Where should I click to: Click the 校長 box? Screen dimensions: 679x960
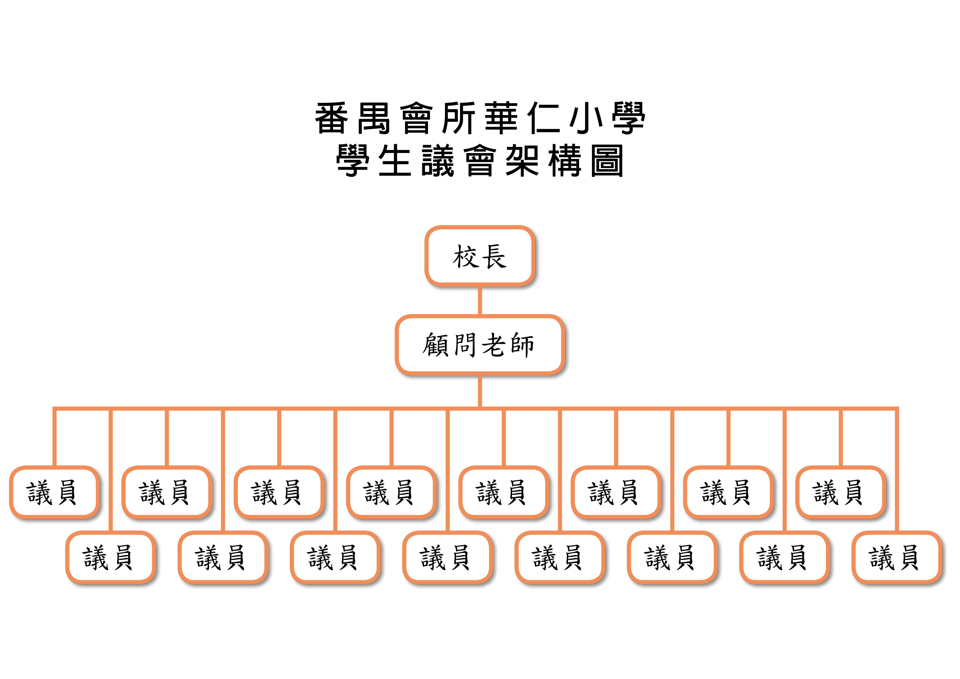pos(479,256)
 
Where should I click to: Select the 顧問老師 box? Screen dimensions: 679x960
pos(479,345)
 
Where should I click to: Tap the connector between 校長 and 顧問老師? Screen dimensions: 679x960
pos(479,300)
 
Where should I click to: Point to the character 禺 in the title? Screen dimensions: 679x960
pos(374,118)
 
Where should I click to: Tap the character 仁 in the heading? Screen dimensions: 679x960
pos(543,118)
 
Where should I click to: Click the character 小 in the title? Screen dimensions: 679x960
pos(586,118)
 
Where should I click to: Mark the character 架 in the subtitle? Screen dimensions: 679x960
pos(522,161)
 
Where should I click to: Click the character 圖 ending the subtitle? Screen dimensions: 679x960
pos(607,161)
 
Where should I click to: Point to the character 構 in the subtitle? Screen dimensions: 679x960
pos(565,161)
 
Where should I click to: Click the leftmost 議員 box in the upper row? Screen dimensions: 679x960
pos(54,492)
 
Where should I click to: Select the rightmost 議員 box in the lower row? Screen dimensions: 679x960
pos(897,557)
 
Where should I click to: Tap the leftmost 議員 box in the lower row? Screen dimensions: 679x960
pos(110,557)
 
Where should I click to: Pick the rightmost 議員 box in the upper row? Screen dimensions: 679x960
pos(840,492)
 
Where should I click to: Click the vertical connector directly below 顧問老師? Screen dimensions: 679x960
pos(479,391)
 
